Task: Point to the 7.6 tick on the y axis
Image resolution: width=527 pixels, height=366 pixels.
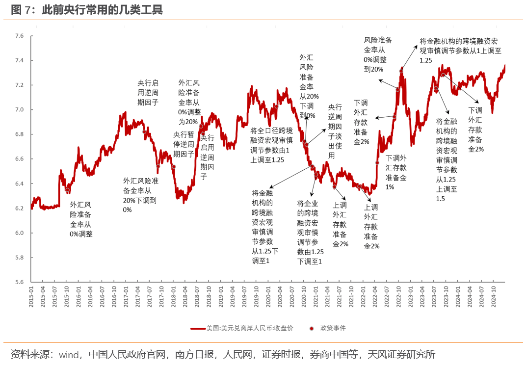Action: click(20, 36)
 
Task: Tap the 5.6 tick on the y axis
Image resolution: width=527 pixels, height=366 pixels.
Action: click(20, 282)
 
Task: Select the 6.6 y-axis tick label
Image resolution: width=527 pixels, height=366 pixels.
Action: click(20, 159)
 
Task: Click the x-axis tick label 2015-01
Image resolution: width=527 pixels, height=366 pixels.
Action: click(31, 297)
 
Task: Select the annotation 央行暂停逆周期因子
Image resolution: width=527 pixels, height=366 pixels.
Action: click(184, 144)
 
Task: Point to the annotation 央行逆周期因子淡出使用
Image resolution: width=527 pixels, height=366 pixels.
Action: click(335, 131)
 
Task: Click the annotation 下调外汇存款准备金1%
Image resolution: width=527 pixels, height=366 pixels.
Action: click(395, 172)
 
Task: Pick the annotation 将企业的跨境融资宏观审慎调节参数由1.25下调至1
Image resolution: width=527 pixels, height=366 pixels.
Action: click(309, 233)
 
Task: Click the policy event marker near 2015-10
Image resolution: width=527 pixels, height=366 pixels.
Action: click(68, 190)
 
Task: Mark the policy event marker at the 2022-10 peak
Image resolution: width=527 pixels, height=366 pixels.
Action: click(401, 71)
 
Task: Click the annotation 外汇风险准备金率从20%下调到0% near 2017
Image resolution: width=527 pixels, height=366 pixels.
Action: click(140, 195)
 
